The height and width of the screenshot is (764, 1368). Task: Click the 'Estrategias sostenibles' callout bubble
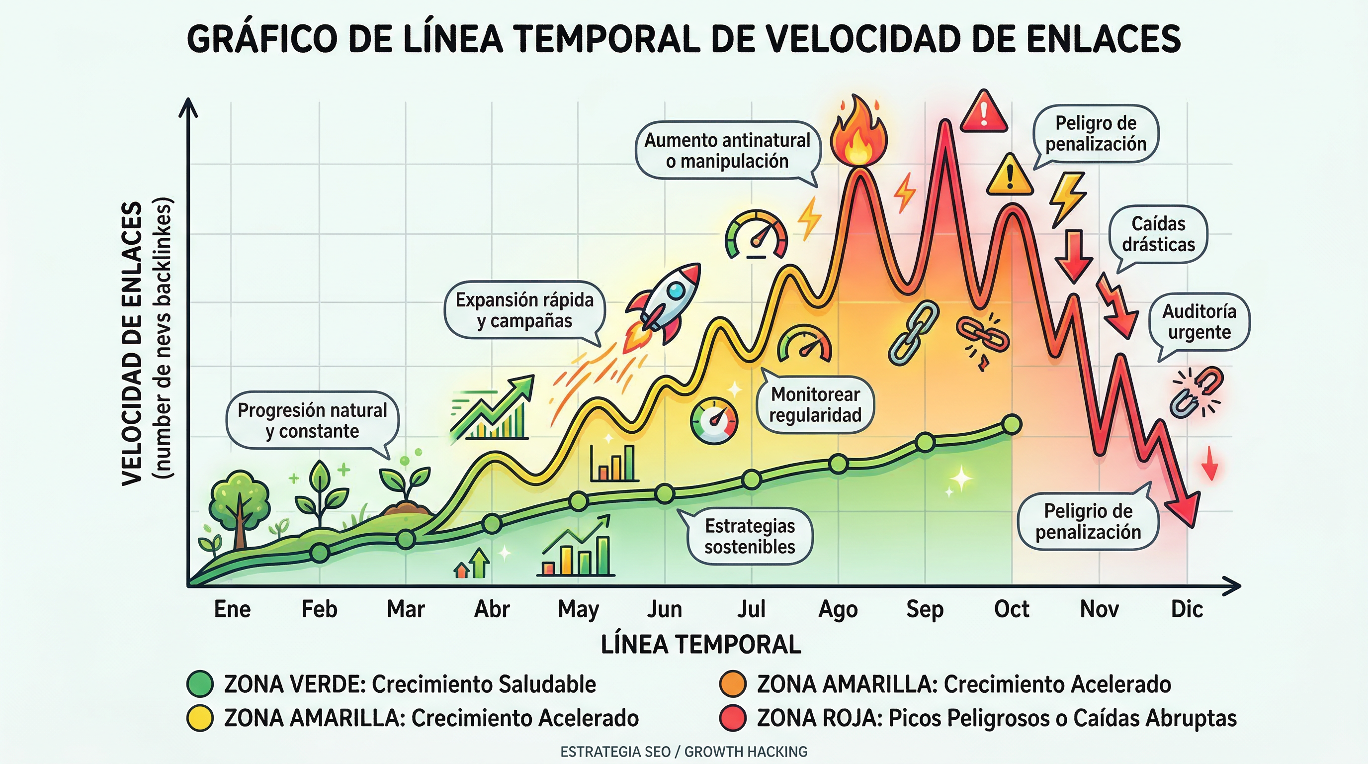click(x=750, y=536)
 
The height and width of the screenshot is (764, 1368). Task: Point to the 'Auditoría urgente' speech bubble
click(x=1199, y=321)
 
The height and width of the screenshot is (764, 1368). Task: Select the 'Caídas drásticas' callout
click(x=1158, y=234)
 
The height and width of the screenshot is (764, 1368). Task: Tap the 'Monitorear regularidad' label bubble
click(x=815, y=405)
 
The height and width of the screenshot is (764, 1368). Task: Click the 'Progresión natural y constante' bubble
click(x=312, y=420)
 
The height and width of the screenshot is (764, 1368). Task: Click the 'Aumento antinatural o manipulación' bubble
click(x=727, y=150)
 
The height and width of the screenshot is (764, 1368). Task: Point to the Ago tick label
click(x=838, y=609)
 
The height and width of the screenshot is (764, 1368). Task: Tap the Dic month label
click(x=1187, y=609)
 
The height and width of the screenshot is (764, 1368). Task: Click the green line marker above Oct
click(x=1011, y=424)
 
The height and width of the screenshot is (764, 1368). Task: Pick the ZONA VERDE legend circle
click(x=200, y=684)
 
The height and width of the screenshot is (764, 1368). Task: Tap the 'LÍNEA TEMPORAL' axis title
click(x=700, y=645)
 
